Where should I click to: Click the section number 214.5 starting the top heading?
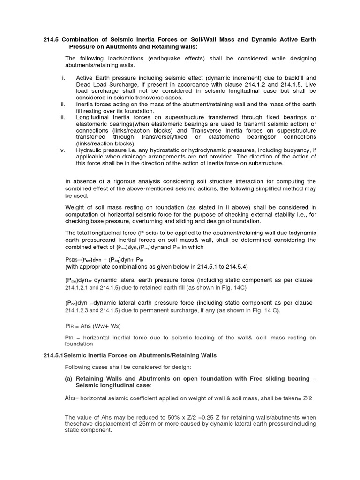point(51,40)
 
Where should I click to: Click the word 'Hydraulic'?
point(89,150)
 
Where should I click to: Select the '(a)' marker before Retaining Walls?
point(68,378)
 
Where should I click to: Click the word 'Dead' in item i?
point(83,84)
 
